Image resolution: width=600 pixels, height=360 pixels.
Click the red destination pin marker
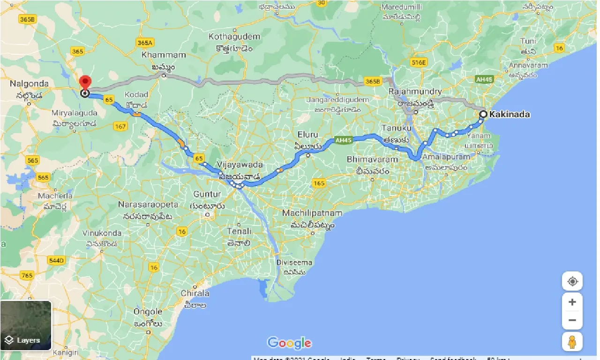pos(85,82)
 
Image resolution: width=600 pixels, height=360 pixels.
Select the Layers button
pos(26,326)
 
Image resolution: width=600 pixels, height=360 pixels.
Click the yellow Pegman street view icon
pos(572,342)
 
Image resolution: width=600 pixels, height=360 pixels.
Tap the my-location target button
pos(572,282)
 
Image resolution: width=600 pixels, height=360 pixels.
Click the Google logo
pos(289,343)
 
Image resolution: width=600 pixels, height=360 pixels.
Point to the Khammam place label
pos(163,55)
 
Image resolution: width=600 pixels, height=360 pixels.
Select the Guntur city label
pos(208,194)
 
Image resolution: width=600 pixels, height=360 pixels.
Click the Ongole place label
pos(148,312)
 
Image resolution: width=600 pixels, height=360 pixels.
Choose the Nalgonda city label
pos(29,84)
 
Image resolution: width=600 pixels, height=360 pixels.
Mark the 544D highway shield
pos(56,261)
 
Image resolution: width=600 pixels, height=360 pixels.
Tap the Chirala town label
pos(195,293)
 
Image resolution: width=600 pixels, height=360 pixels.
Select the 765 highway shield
pos(27,276)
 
